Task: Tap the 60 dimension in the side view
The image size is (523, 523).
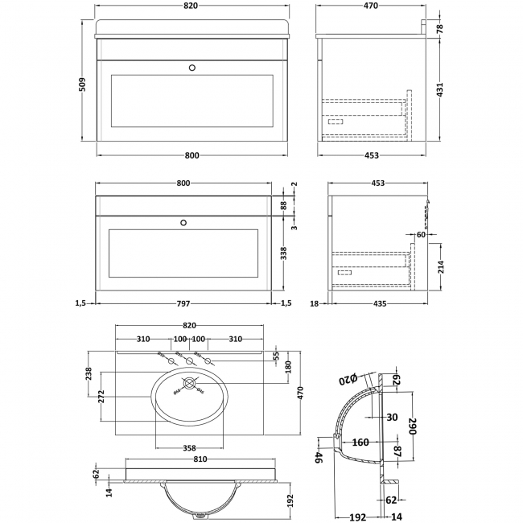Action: coord(421,235)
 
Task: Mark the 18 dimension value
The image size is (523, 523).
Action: coord(314,304)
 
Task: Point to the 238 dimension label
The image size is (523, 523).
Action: coord(89,373)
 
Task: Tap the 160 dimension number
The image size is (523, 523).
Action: coord(360,442)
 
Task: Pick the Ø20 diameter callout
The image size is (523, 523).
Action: coord(346,379)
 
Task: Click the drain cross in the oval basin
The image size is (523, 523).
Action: coord(190,385)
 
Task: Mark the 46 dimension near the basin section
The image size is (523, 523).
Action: coord(318,458)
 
